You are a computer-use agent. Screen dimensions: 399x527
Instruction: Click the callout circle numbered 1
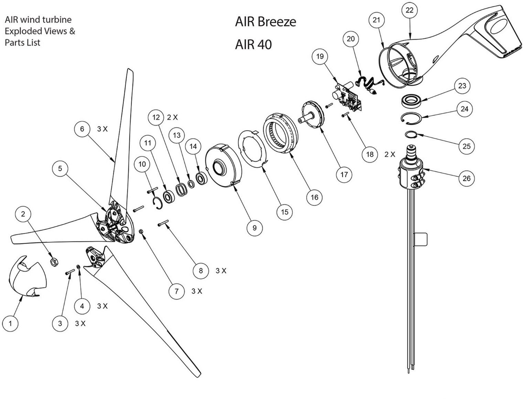tap(10, 324)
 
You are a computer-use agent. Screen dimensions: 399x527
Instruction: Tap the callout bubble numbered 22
tap(409, 10)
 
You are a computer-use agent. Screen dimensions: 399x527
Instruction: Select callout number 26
tap(466, 178)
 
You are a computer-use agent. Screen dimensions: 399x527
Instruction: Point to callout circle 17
tap(344, 175)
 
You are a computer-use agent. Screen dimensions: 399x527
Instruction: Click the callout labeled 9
tap(255, 228)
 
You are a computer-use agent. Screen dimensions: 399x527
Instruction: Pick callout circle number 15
tap(285, 212)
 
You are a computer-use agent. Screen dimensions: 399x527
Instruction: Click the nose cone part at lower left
tap(26, 276)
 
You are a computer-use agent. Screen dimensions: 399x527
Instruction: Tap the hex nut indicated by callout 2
tap(54, 263)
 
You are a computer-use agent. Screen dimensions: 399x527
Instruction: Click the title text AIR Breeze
tap(265, 22)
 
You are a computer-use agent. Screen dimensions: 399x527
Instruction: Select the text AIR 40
tap(253, 45)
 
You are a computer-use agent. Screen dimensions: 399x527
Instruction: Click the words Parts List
tap(22, 43)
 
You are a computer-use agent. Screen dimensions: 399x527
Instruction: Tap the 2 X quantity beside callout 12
tap(172, 117)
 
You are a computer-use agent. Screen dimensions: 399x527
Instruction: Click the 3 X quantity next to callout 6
tap(103, 129)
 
